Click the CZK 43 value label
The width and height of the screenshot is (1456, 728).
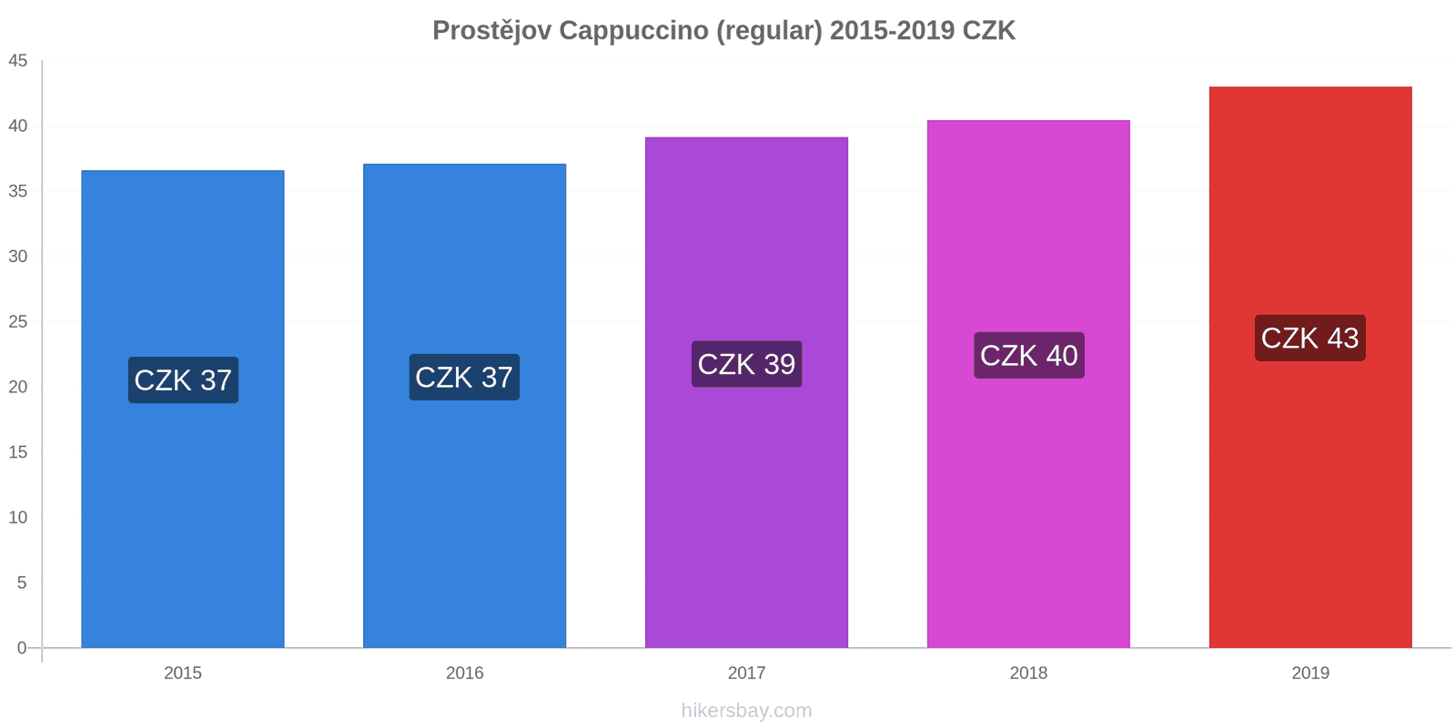(x=1309, y=338)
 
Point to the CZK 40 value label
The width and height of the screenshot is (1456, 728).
(x=1028, y=355)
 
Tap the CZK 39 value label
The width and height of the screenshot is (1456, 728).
(x=746, y=364)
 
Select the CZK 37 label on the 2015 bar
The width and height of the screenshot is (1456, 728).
(x=183, y=379)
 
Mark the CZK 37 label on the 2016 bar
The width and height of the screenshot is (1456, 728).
(x=464, y=377)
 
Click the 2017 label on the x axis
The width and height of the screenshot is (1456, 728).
(x=746, y=673)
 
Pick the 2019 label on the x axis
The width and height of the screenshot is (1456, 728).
(x=1310, y=673)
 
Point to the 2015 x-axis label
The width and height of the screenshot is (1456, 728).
(x=183, y=673)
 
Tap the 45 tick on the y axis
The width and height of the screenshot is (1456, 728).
(x=18, y=61)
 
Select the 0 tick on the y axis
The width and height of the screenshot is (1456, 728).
(x=22, y=648)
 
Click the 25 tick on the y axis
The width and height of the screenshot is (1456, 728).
(x=18, y=322)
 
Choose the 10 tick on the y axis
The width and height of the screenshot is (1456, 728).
(x=18, y=518)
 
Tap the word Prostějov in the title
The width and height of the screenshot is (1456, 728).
(x=491, y=31)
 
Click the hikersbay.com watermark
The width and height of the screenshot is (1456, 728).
(x=746, y=711)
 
